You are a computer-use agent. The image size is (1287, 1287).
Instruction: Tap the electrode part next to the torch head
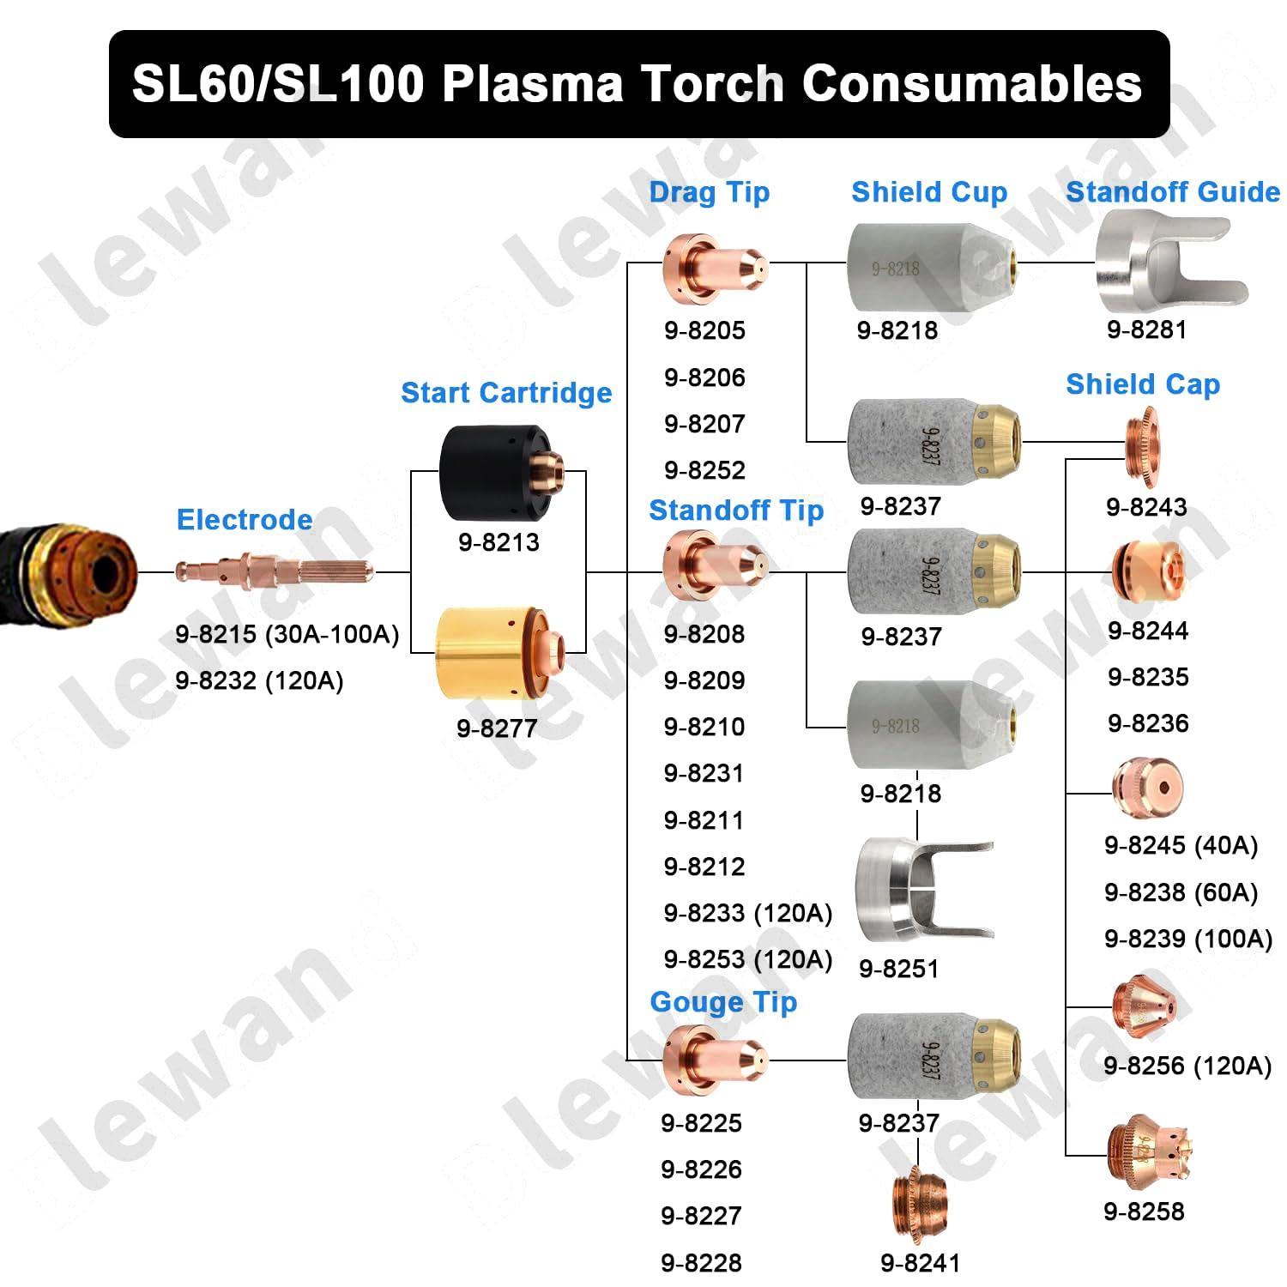pyautogui.click(x=274, y=571)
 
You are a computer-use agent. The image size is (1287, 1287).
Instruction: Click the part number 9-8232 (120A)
pyautogui.click(x=259, y=681)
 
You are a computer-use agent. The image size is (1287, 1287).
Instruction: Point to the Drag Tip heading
pyautogui.click(x=710, y=193)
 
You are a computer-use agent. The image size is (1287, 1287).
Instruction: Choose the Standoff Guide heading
pyautogui.click(x=1173, y=192)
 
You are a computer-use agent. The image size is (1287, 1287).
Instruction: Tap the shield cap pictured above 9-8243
pyautogui.click(x=1143, y=445)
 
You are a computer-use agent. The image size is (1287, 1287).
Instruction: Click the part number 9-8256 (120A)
pyautogui.click(x=1187, y=1066)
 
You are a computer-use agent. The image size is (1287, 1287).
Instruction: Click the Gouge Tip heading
pyautogui.click(x=723, y=1002)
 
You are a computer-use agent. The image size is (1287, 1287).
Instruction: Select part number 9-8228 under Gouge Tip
pyautogui.click(x=701, y=1263)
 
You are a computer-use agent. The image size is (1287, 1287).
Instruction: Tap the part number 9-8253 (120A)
pyautogui.click(x=748, y=959)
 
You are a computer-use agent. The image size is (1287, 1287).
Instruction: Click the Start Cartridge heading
pyautogui.click(x=506, y=393)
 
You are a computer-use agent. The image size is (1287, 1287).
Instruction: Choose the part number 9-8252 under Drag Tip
pyautogui.click(x=704, y=470)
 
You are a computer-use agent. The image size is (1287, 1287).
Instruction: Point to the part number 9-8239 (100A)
pyautogui.click(x=1188, y=939)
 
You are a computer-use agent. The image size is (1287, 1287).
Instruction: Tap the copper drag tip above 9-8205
pyautogui.click(x=714, y=269)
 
